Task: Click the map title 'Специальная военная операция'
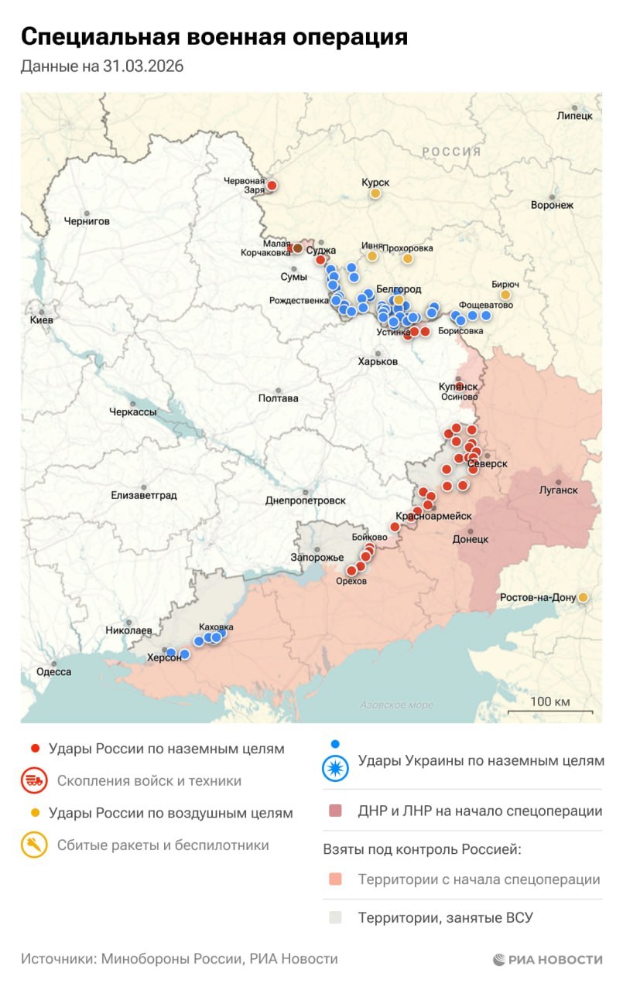(214, 36)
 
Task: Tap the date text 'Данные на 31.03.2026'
(101, 67)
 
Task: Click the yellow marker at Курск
(375, 193)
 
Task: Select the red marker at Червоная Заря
(272, 186)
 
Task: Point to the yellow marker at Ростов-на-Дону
(583, 597)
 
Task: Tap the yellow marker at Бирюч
(505, 295)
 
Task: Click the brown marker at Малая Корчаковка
(297, 248)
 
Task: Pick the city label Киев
(41, 320)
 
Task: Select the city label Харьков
(378, 361)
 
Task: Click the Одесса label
(53, 672)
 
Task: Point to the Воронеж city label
(552, 206)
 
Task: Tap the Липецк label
(574, 116)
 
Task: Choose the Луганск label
(558, 490)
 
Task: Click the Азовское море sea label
(397, 705)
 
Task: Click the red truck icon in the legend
(33, 781)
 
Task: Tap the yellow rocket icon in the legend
(33, 845)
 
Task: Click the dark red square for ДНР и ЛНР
(334, 811)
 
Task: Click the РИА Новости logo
(547, 959)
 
